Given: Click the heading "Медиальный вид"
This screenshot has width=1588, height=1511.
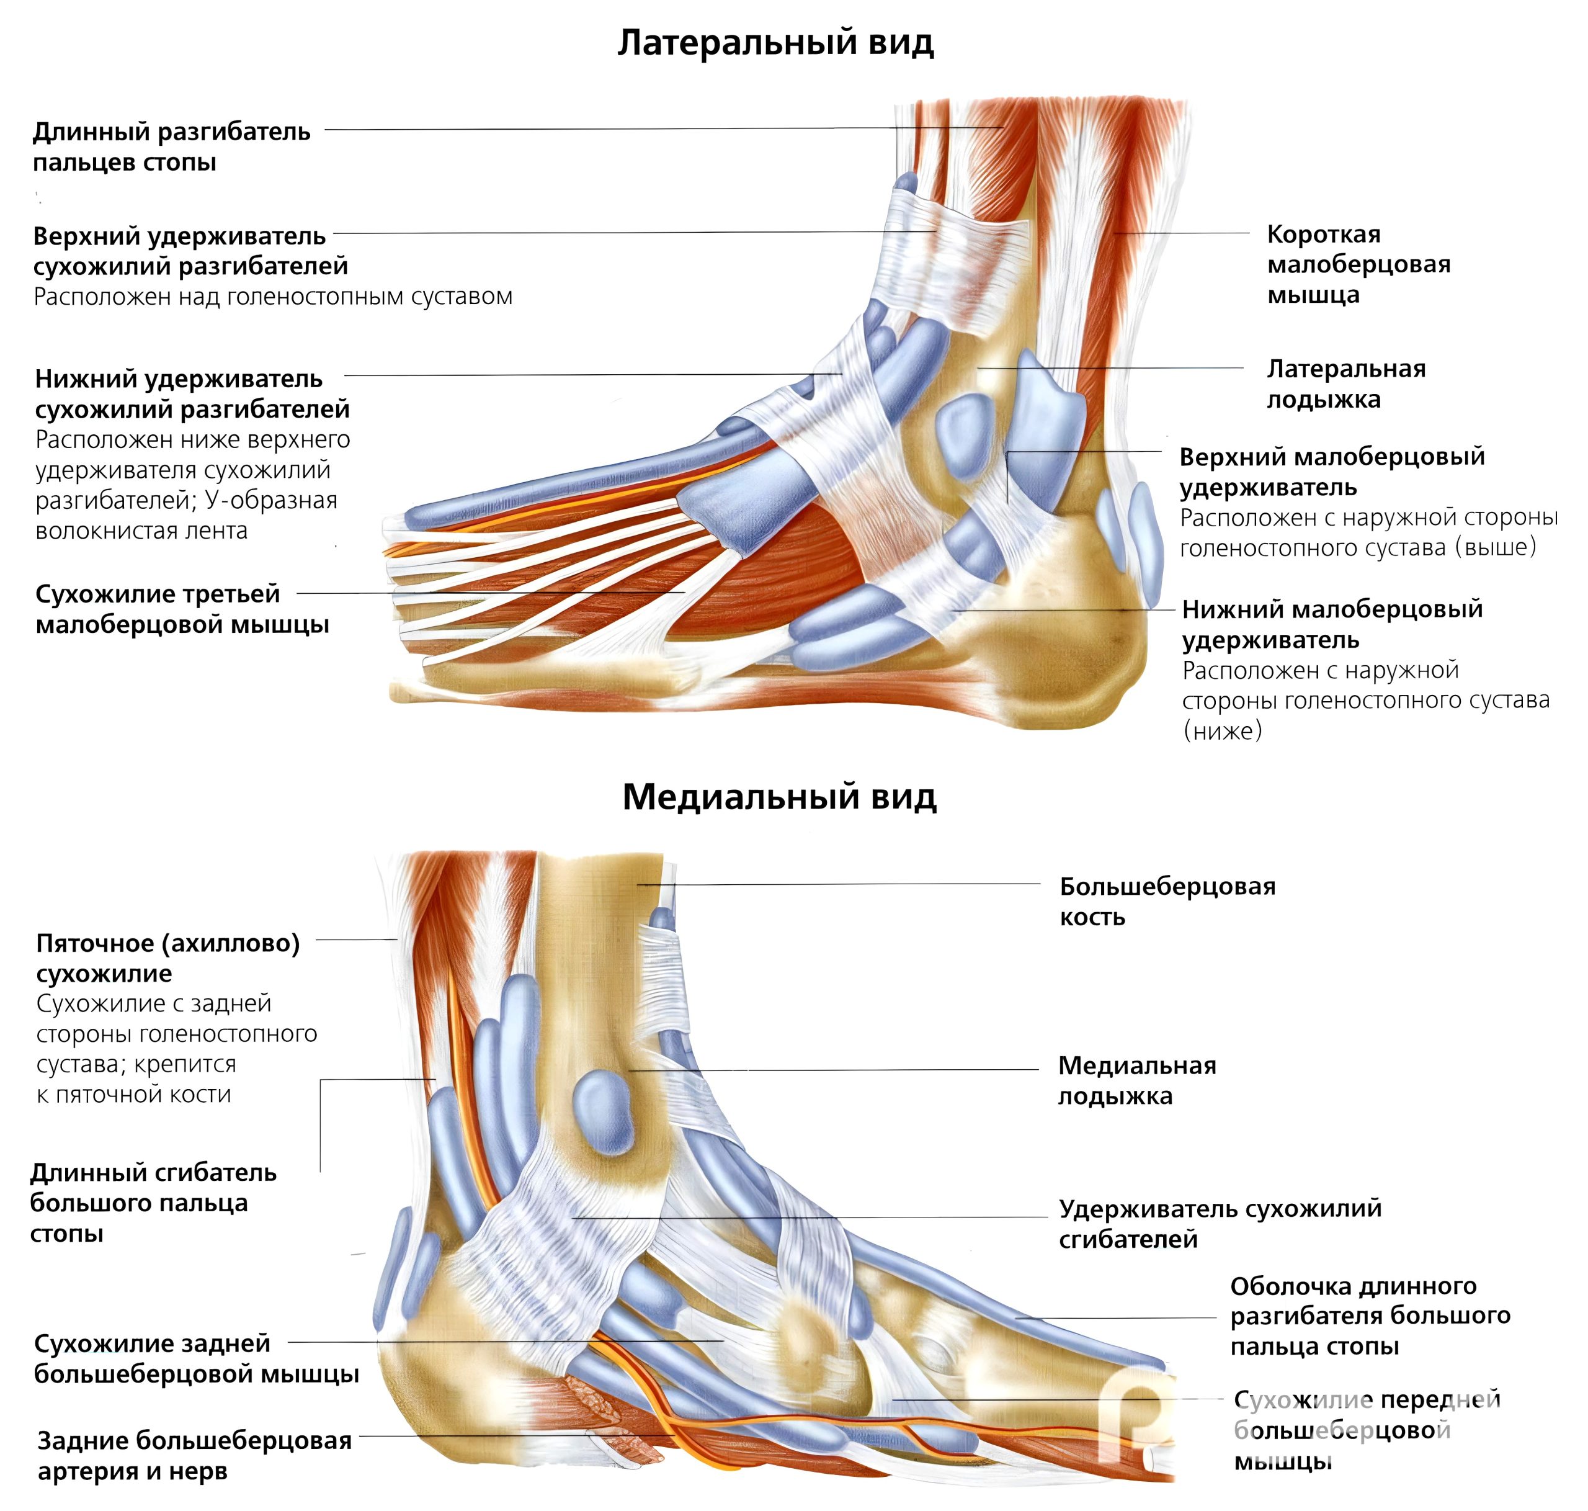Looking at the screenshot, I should coord(778,797).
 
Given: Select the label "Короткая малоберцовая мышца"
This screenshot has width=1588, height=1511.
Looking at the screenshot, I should coord(1358,264).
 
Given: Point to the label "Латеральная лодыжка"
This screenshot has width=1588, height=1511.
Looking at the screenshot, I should coord(1345,383).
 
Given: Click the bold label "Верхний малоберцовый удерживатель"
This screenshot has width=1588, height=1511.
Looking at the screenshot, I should coord(1331,471).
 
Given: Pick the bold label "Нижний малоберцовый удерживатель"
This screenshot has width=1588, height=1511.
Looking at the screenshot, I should coord(1331,624).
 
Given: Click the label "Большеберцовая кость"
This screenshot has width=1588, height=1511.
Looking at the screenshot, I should coord(1166,901).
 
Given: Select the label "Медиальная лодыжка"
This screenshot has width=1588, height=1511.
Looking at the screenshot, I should coord(1136,1080).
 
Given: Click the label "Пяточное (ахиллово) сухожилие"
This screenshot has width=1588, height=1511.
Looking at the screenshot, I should coord(167,957).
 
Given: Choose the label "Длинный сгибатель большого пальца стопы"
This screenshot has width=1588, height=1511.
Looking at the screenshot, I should coord(153,1203).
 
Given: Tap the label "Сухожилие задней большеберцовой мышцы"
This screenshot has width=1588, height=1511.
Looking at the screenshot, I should coord(195,1358).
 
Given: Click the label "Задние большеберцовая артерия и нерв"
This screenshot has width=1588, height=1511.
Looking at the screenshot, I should coord(194,1455).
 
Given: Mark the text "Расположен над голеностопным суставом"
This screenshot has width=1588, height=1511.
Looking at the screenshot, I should coord(272,297).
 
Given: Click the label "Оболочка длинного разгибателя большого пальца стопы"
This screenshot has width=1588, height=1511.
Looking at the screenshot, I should coord(1369,1316).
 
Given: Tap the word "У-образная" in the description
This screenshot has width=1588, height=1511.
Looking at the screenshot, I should coord(270,500).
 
